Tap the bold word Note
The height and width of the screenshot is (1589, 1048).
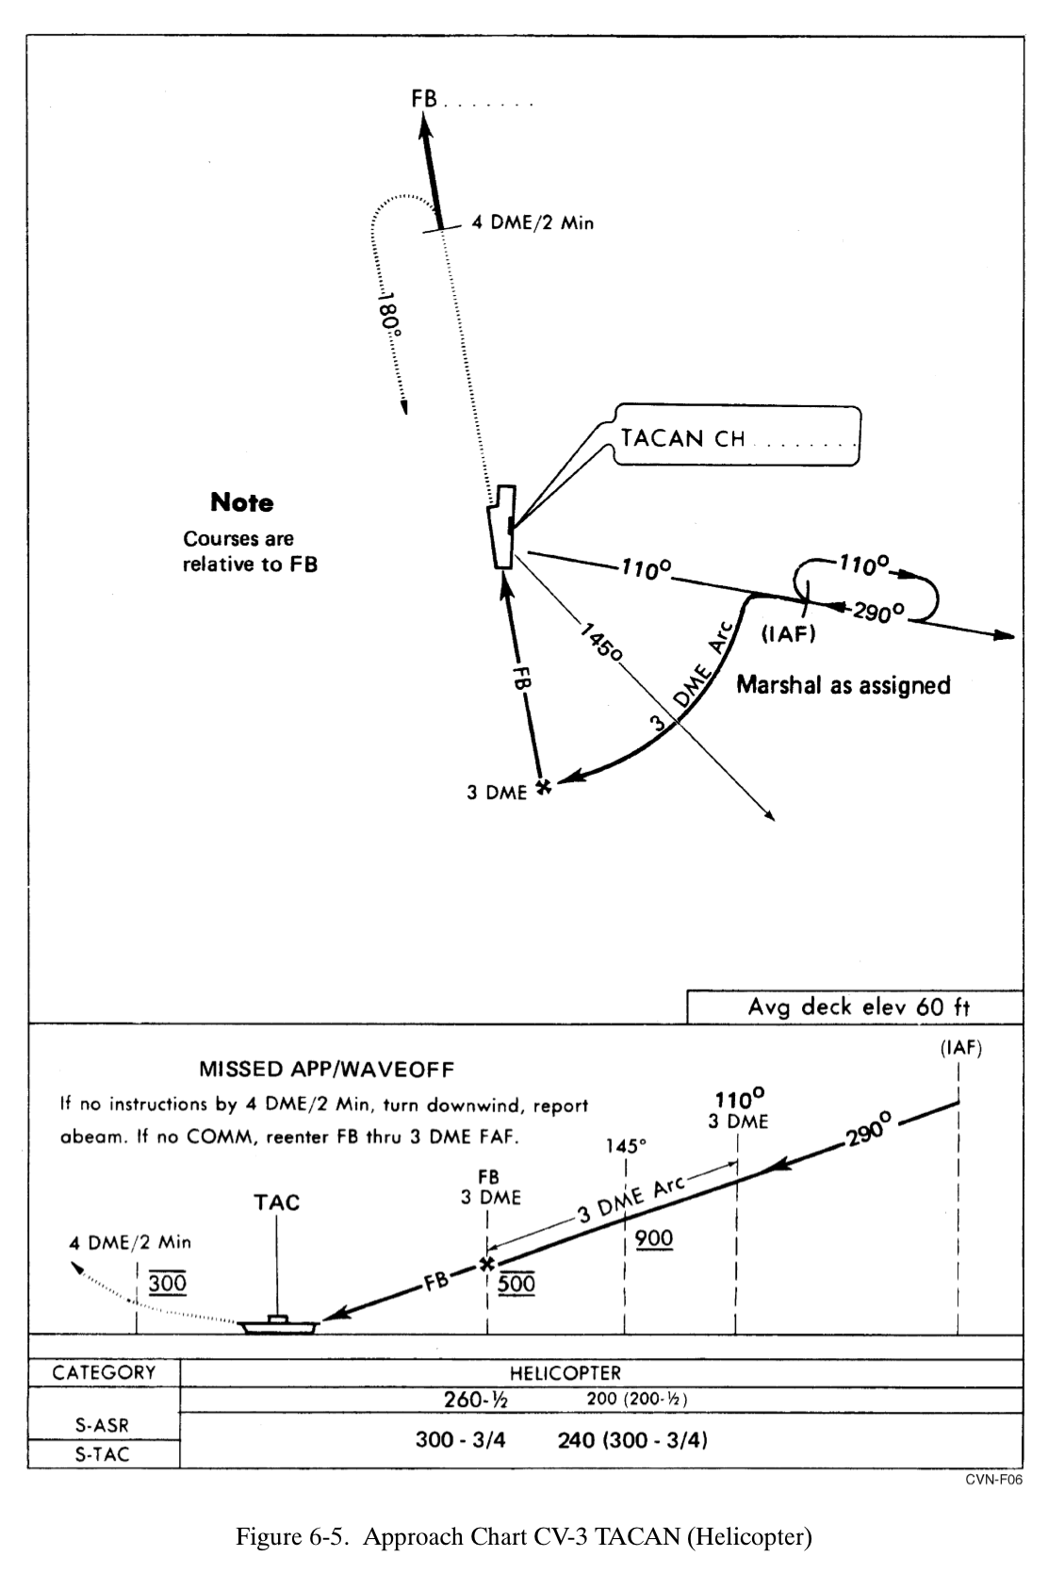(242, 502)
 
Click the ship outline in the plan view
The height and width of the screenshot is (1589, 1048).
(501, 527)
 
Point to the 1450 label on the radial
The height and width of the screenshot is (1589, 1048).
(600, 641)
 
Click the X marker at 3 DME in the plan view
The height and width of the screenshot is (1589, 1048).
(542, 786)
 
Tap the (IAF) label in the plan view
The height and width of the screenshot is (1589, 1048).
(787, 634)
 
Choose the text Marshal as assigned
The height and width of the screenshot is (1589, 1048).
(843, 684)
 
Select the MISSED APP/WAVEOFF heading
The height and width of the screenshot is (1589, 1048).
(327, 1069)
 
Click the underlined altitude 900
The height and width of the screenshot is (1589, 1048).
(654, 1237)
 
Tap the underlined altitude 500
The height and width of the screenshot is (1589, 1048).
(516, 1283)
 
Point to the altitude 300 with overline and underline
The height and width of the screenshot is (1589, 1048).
(168, 1283)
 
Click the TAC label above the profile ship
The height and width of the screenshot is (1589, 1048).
(276, 1203)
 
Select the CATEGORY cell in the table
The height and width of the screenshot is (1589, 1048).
(104, 1372)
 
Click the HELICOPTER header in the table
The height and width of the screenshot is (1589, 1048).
(565, 1373)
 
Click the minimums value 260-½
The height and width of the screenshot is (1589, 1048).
(475, 1400)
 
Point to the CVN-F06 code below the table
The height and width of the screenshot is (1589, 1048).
(993, 1480)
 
